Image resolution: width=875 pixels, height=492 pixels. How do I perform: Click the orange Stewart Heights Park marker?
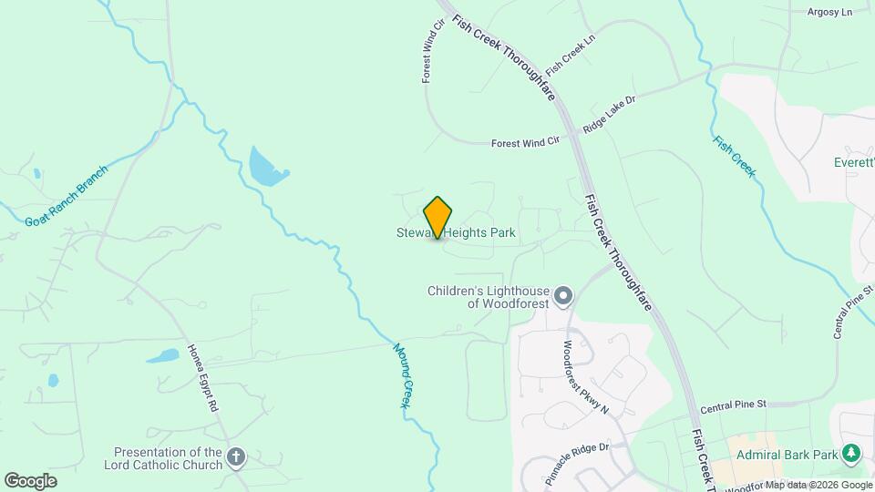[437, 217]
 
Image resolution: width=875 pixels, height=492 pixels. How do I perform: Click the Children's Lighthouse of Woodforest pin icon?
[564, 295]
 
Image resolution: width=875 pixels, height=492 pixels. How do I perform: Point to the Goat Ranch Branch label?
[66, 196]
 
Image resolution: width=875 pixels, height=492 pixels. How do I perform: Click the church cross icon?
[236, 456]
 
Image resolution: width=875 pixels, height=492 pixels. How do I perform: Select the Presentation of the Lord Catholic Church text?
[168, 458]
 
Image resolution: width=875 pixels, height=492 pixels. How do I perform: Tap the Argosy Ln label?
[829, 12]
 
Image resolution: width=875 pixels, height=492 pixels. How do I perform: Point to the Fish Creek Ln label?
[570, 56]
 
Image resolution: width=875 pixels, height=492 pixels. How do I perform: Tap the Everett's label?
[854, 162]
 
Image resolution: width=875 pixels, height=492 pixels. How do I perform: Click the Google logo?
[30, 480]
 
